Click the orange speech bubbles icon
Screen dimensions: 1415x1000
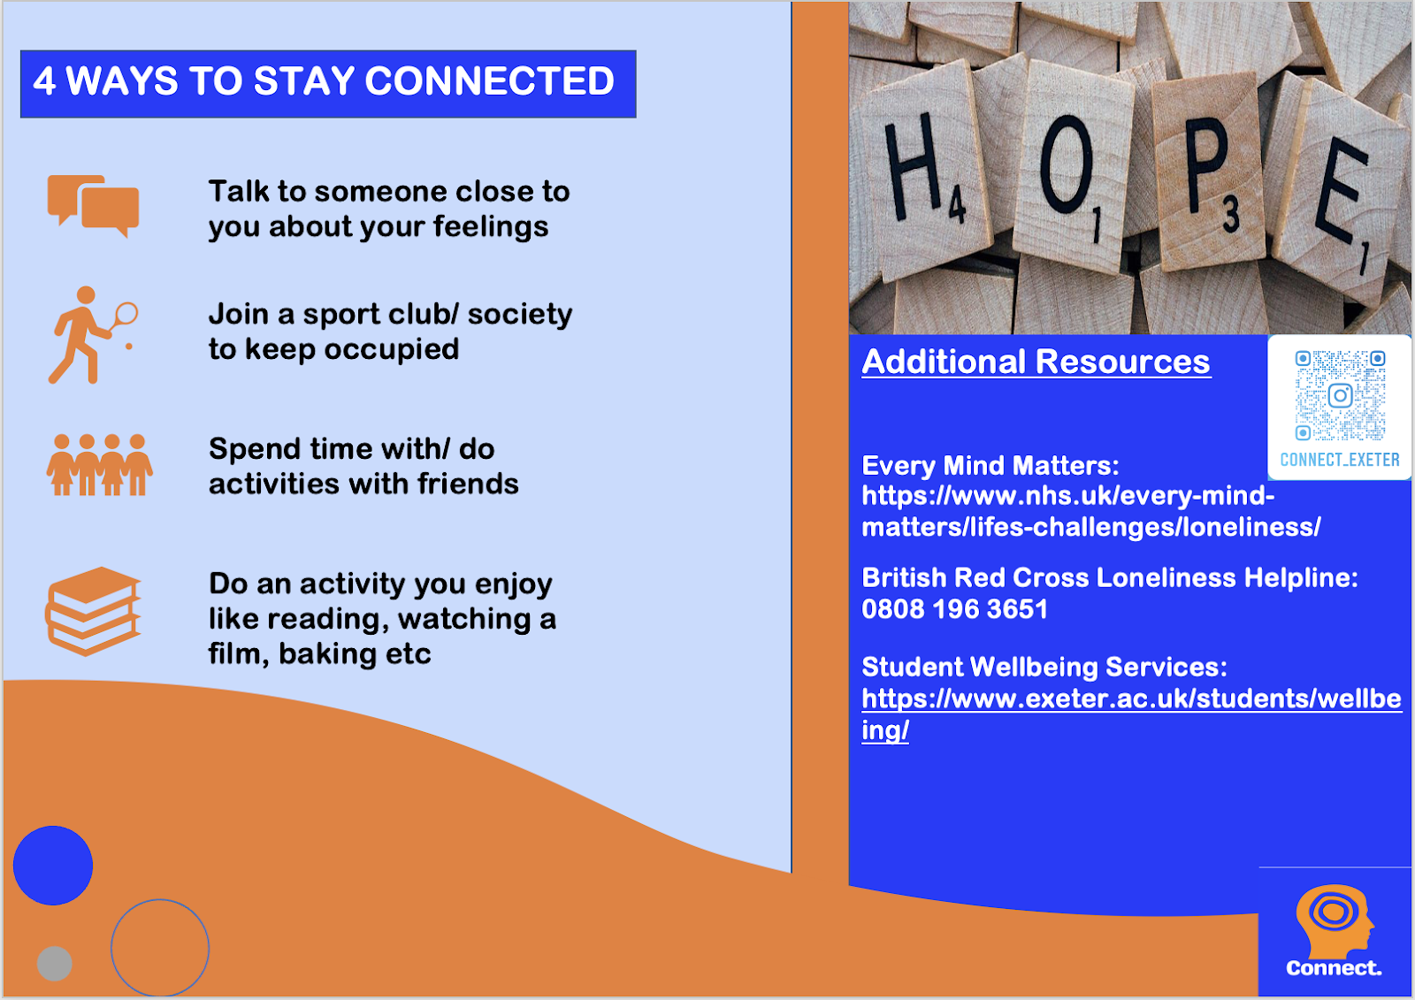pyautogui.click(x=93, y=206)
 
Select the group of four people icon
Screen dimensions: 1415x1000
pyautogui.click(x=99, y=464)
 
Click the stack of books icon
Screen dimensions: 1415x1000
pyautogui.click(x=93, y=612)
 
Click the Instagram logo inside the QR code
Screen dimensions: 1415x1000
pyautogui.click(x=1340, y=396)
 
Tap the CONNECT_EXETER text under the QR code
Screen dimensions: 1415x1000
pyautogui.click(x=1340, y=459)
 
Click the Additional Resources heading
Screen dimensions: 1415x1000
pyautogui.click(x=1036, y=362)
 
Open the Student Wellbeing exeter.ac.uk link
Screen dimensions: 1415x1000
pyautogui.click(x=1131, y=714)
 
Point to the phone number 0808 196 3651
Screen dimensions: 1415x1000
pyautogui.click(x=954, y=609)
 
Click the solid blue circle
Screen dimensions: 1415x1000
pyautogui.click(x=53, y=866)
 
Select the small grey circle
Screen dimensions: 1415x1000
pyautogui.click(x=54, y=964)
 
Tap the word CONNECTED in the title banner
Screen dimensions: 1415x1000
pyautogui.click(x=490, y=80)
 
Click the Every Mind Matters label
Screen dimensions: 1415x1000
pyautogui.click(x=990, y=466)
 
